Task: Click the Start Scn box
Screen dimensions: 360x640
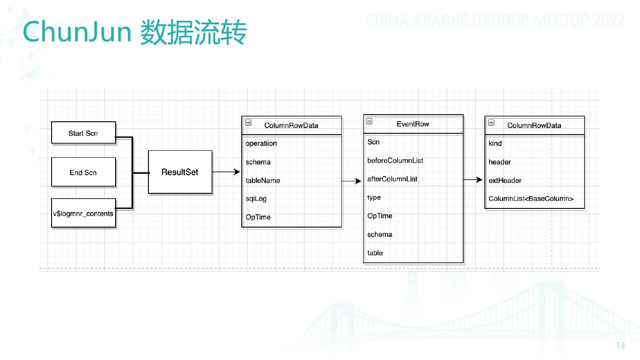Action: point(84,133)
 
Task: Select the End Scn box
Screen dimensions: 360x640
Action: point(84,172)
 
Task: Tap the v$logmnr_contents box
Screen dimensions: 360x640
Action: point(84,213)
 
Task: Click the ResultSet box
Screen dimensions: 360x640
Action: point(180,172)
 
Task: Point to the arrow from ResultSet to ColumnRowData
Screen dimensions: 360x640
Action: point(226,172)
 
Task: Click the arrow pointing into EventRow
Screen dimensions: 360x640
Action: point(352,181)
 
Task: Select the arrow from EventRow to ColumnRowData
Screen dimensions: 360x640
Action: point(473,180)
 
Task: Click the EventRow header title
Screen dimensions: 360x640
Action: point(413,124)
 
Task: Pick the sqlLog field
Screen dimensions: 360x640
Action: point(256,199)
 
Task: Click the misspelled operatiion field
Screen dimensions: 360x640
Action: point(261,144)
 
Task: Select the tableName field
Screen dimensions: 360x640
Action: point(263,180)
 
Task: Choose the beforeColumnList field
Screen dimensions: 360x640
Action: point(395,160)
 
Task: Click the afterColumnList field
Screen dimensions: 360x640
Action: point(392,179)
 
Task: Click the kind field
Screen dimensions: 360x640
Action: point(495,144)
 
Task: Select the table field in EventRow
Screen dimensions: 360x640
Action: point(375,253)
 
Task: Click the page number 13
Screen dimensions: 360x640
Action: point(620,346)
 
